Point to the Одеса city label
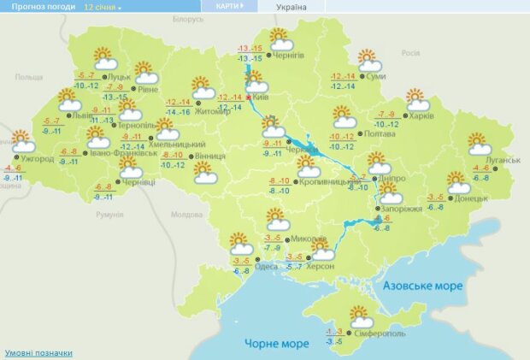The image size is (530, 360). (267, 264)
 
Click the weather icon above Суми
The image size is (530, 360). (368, 62)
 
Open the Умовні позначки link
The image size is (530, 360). (38, 352)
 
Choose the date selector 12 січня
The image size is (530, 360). (103, 6)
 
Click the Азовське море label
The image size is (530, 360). (422, 285)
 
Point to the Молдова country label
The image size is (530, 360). (185, 215)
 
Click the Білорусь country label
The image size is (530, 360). (186, 18)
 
